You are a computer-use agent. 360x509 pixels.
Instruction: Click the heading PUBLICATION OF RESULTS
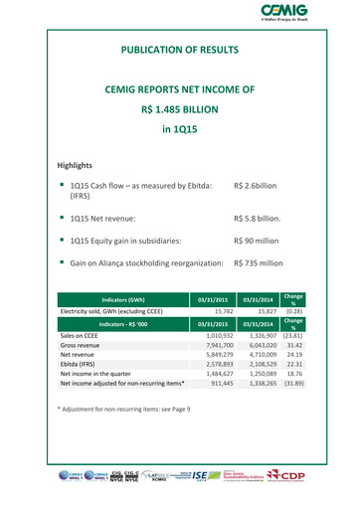(x=180, y=49)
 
